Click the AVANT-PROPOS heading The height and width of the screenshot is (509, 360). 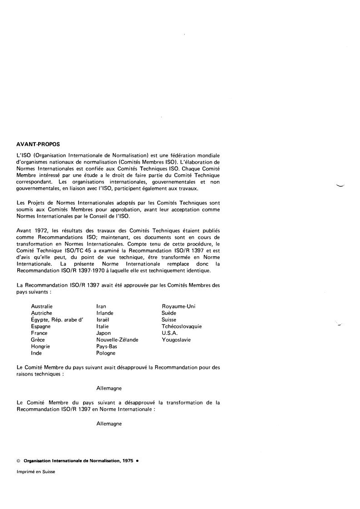coord(38,145)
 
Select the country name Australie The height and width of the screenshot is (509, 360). coord(42,306)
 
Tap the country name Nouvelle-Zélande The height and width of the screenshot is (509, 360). coord(117,339)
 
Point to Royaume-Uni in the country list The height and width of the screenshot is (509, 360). coord(178,306)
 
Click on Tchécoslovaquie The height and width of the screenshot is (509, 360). coord(182,326)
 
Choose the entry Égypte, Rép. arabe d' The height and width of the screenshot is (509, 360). coord(57,319)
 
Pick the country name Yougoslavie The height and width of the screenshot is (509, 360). coord(176,339)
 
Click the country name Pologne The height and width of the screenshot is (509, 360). coord(106,353)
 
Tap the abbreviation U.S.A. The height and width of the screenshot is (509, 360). coord(170,333)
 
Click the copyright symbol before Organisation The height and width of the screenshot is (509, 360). coord(18,460)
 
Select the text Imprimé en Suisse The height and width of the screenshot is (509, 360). coord(36,471)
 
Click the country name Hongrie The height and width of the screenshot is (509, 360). coord(40,346)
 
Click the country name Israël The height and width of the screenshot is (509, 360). coord(103,319)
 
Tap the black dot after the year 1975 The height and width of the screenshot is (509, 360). coord(137,460)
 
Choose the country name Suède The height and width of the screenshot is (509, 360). coord(169,313)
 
